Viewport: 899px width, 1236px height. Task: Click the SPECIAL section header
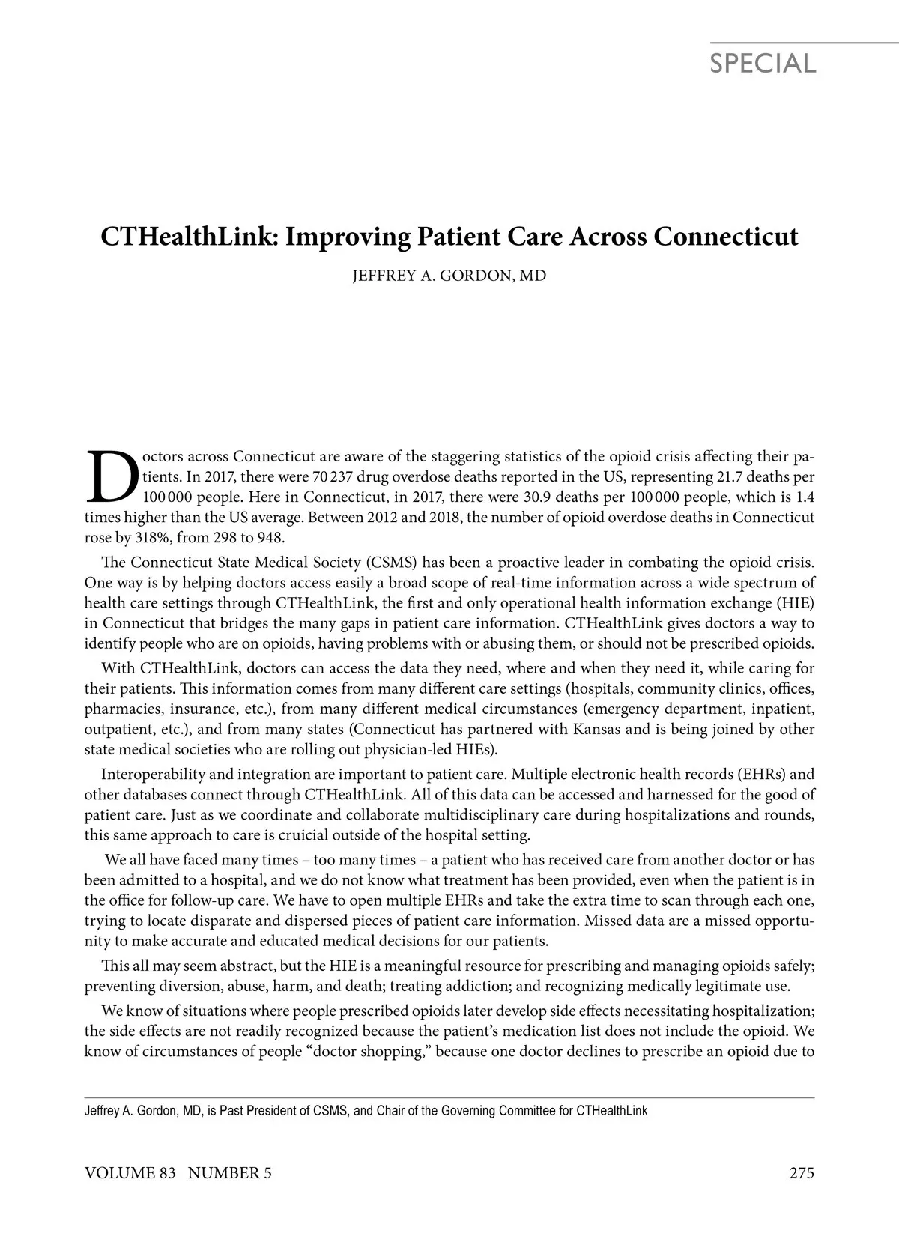point(763,64)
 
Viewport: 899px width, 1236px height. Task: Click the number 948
point(271,538)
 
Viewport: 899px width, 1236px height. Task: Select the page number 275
point(802,1173)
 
